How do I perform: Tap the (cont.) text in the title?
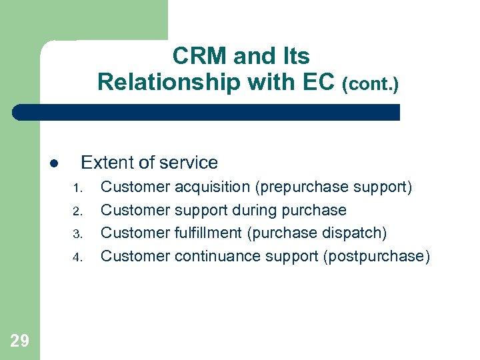(370, 84)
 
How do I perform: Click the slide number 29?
(20, 341)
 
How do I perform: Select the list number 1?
(77, 188)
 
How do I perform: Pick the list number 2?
(77, 211)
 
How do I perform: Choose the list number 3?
(77, 234)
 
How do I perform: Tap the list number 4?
(77, 257)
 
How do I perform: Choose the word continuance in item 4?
(218, 257)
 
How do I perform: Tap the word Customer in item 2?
(135, 211)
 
